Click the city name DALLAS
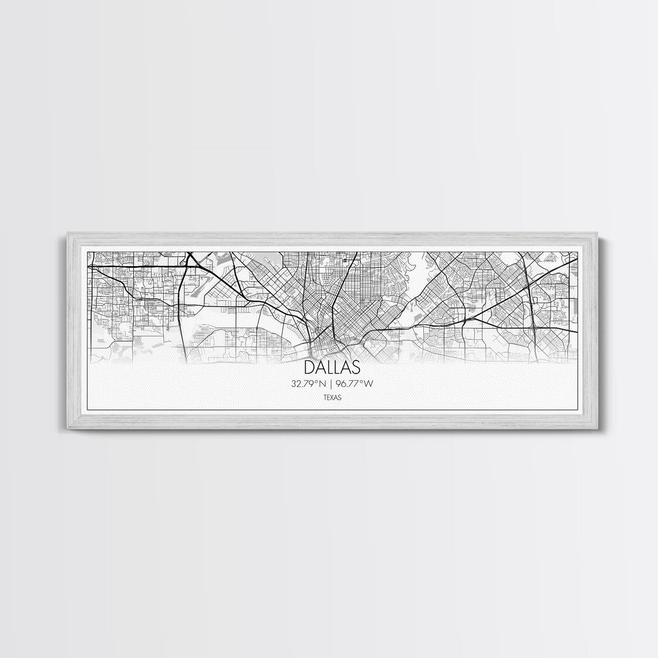pos(332,367)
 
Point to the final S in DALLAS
pos(354,367)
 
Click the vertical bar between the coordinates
pos(331,384)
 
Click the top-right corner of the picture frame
pos(592,234)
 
